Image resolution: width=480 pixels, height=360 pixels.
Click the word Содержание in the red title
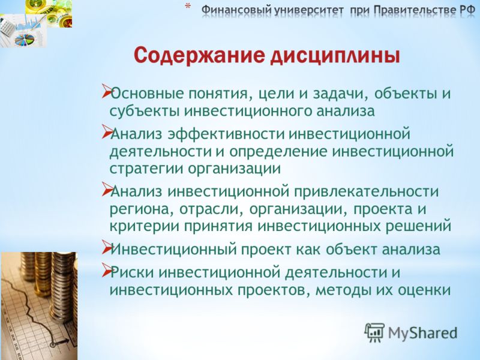200,55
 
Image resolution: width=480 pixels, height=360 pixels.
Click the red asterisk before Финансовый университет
188,6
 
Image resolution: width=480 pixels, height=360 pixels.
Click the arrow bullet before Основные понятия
107,91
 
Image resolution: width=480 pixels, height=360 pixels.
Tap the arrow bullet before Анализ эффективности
107,131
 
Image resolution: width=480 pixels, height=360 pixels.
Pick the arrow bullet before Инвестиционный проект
107,247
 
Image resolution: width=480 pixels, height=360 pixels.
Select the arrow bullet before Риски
107,271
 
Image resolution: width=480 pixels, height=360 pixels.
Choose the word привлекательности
367,192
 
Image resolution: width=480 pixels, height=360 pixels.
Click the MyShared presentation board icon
374,332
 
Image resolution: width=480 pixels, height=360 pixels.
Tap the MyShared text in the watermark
423,333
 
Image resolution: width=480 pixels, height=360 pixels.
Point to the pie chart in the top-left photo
25,39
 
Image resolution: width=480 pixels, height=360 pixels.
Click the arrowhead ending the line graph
66,340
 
